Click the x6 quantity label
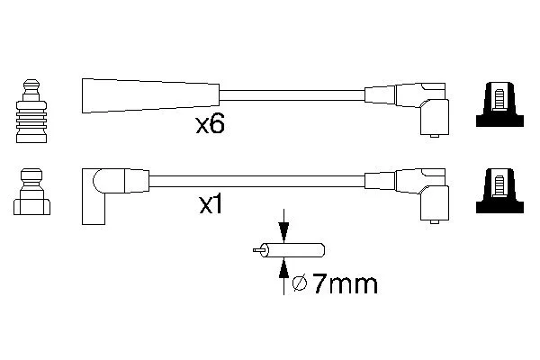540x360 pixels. point(210,124)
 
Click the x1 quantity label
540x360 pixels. point(211,206)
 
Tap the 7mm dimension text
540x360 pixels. point(345,284)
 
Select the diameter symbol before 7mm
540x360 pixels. point(300,283)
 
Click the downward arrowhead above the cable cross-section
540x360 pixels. point(283,232)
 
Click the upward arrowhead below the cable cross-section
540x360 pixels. point(283,268)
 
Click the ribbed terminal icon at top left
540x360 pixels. point(31,111)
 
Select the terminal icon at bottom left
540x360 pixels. point(31,192)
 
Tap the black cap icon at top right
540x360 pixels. point(499,104)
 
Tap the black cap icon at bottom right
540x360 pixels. point(499,191)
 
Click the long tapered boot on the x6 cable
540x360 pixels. point(150,95)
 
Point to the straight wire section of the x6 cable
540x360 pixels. point(292,95)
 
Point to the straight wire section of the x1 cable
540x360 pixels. point(256,181)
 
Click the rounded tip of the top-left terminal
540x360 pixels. point(31,85)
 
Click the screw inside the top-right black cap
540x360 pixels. point(499,99)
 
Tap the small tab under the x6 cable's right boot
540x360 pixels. point(435,136)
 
